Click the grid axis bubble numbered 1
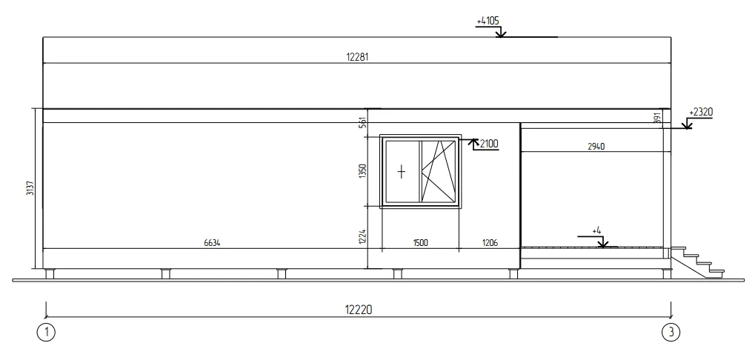point(46,332)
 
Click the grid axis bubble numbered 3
point(671,332)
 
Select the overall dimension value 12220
point(359,310)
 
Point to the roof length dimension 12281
point(357,57)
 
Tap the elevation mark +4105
point(488,21)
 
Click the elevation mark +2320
point(701,112)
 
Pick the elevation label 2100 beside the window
point(489,144)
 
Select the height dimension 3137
point(30,188)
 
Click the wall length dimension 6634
point(212,243)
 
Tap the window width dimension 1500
point(420,243)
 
